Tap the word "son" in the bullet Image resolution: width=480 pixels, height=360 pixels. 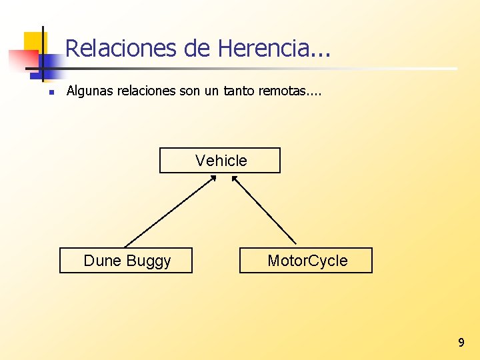tap(191, 91)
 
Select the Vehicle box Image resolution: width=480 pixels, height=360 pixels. tap(220, 160)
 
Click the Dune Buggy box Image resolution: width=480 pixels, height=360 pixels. tap(126, 261)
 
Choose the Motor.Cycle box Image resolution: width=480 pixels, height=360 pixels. tap(306, 261)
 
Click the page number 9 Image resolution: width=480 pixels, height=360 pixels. tap(461, 343)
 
